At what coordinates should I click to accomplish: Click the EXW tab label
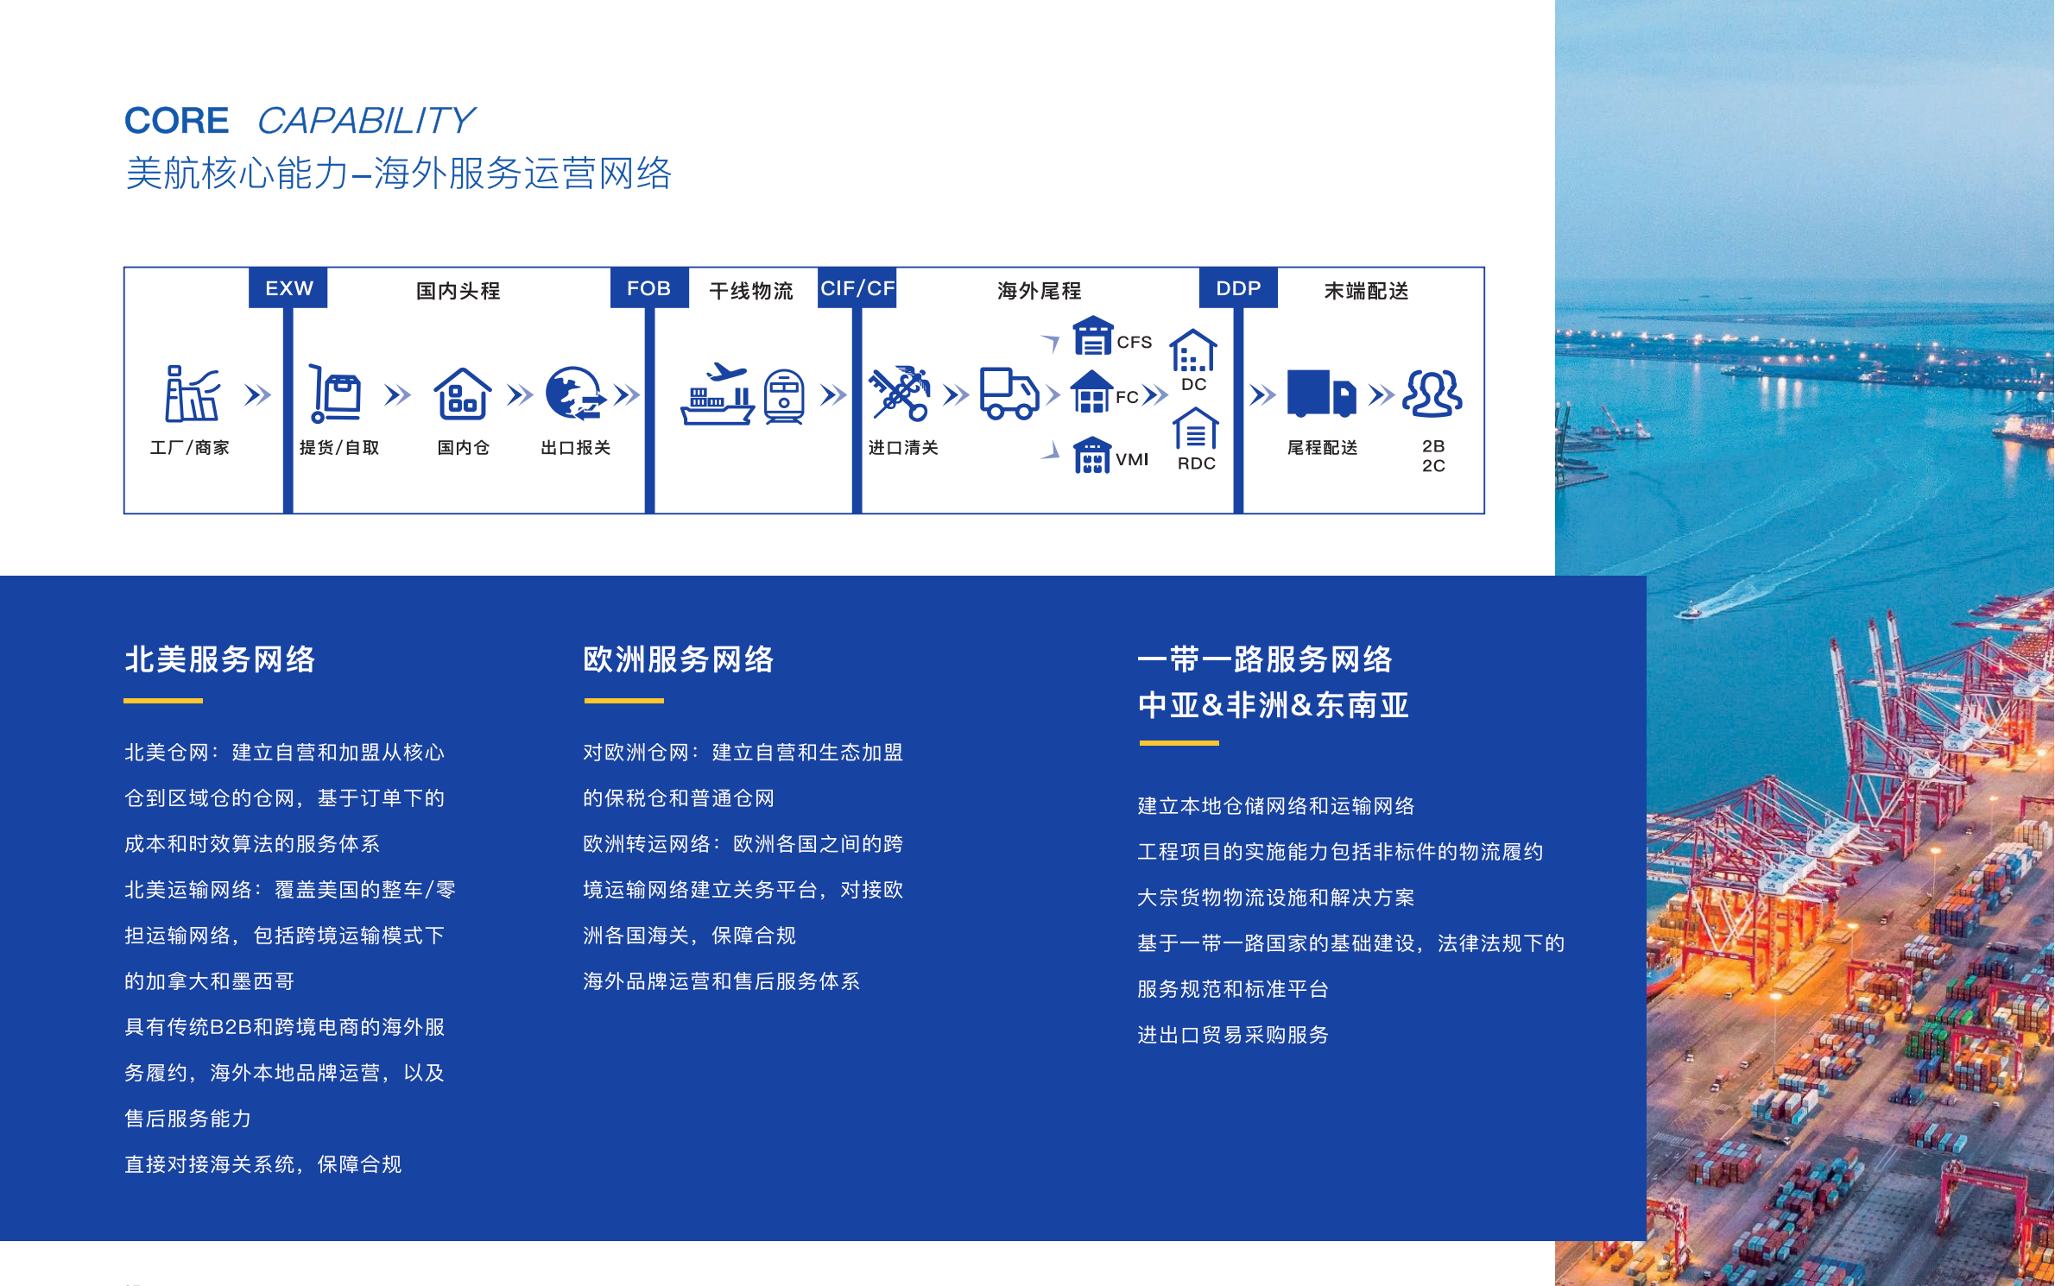coord(288,288)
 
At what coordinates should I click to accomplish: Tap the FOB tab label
coord(648,288)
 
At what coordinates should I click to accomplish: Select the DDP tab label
coord(1238,288)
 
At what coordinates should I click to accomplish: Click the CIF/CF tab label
coord(857,288)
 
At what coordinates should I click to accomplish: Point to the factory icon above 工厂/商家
coord(192,394)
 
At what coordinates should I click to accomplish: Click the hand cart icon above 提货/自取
coord(335,394)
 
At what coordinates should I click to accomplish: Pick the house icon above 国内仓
coord(463,394)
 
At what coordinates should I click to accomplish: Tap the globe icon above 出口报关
coord(575,394)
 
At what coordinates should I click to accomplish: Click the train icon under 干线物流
coord(784,396)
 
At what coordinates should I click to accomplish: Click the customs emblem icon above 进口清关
coord(900,394)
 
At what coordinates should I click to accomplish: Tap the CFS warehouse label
coord(1134,342)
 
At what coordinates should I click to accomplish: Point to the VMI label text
coord(1132,459)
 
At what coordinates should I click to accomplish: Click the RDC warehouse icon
coord(1196,428)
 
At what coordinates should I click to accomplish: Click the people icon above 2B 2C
coord(1432,394)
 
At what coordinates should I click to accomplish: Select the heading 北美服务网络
coord(220,659)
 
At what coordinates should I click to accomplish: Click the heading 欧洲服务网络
coord(679,659)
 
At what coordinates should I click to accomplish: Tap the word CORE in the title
coord(177,121)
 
